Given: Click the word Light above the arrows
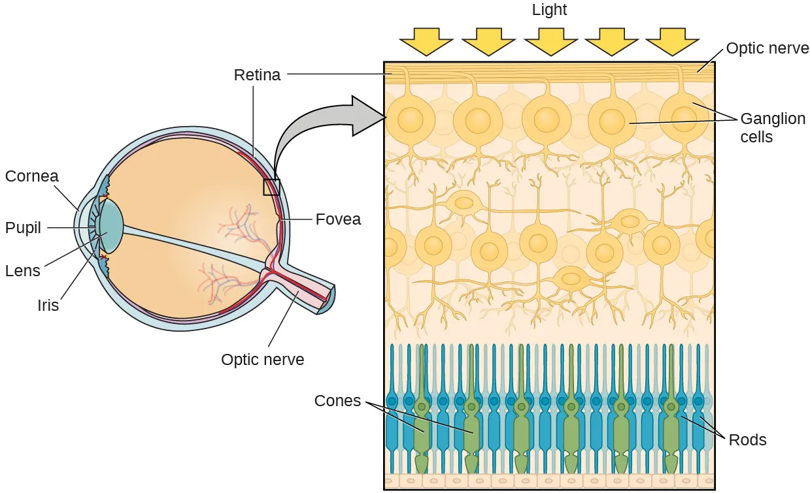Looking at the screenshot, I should click(549, 10).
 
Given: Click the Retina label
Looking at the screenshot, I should click(257, 75).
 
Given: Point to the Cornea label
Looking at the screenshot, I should click(31, 176).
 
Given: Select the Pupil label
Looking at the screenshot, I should click(23, 228).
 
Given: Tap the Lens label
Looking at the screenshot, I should click(22, 270).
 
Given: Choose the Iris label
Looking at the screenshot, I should click(48, 305).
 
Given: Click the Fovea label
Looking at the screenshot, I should click(338, 219).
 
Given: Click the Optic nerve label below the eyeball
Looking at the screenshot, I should click(262, 359).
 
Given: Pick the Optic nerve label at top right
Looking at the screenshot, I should click(768, 48).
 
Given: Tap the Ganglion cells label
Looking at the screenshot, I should click(772, 128).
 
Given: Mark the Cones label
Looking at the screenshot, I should click(337, 401).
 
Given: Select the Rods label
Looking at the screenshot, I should click(747, 440).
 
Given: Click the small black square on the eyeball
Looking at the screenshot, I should click(271, 187).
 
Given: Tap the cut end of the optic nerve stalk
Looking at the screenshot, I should click(329, 299).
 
